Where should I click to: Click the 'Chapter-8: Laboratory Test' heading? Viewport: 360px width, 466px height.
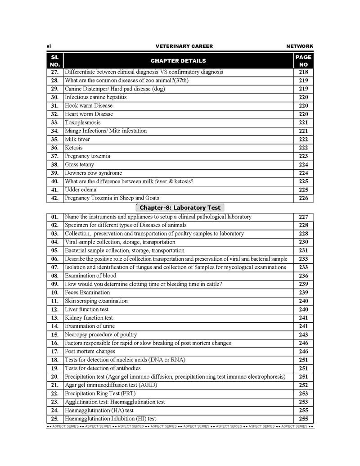[x=180, y=208]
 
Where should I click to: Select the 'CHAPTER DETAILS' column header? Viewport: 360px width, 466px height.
[x=178, y=61]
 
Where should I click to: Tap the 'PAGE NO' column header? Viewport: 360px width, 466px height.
[x=303, y=61]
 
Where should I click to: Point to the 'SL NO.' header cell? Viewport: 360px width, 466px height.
[x=55, y=61]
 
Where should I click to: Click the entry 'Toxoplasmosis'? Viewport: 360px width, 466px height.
[x=83, y=122]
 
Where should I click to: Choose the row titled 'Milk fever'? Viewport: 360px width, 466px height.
[x=77, y=139]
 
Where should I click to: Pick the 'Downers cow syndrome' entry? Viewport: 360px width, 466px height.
[x=93, y=173]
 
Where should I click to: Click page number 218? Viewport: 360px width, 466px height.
[x=303, y=72]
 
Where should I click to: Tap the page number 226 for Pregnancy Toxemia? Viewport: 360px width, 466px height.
[x=303, y=198]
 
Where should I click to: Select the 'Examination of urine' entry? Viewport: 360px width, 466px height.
[x=90, y=326]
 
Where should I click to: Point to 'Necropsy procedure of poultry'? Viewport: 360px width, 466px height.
[x=101, y=335]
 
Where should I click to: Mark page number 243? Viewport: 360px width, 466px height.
[x=303, y=335]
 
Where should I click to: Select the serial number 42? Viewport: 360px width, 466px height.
[x=55, y=198]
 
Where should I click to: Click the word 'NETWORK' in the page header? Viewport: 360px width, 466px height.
[x=300, y=46]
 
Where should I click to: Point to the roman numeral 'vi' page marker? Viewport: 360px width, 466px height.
[x=49, y=46]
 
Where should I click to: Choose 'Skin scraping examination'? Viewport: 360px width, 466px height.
[x=96, y=301]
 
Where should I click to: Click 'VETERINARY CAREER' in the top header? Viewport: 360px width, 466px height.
[x=184, y=46]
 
